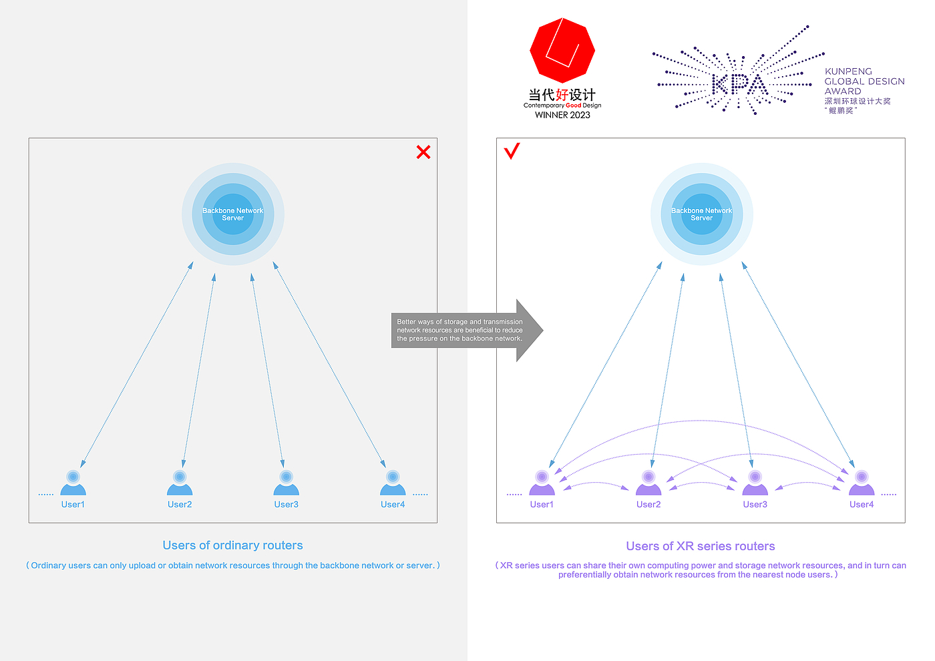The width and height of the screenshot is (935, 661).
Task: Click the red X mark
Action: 423,152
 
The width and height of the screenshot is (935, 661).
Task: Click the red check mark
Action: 512,152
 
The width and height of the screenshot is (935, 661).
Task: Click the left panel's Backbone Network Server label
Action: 233,214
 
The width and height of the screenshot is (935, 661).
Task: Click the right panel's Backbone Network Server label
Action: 701,214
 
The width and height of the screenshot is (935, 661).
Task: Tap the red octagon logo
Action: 562,51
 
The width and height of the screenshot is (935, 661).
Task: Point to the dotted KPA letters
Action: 739,84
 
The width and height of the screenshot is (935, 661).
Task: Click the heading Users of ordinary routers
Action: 232,545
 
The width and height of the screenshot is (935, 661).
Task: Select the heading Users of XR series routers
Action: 701,546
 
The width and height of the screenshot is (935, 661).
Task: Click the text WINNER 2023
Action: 562,115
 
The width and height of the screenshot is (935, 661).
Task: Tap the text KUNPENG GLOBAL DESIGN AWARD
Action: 864,81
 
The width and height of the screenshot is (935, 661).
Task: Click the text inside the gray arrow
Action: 459,330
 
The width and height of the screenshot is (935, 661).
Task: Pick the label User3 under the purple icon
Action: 755,505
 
